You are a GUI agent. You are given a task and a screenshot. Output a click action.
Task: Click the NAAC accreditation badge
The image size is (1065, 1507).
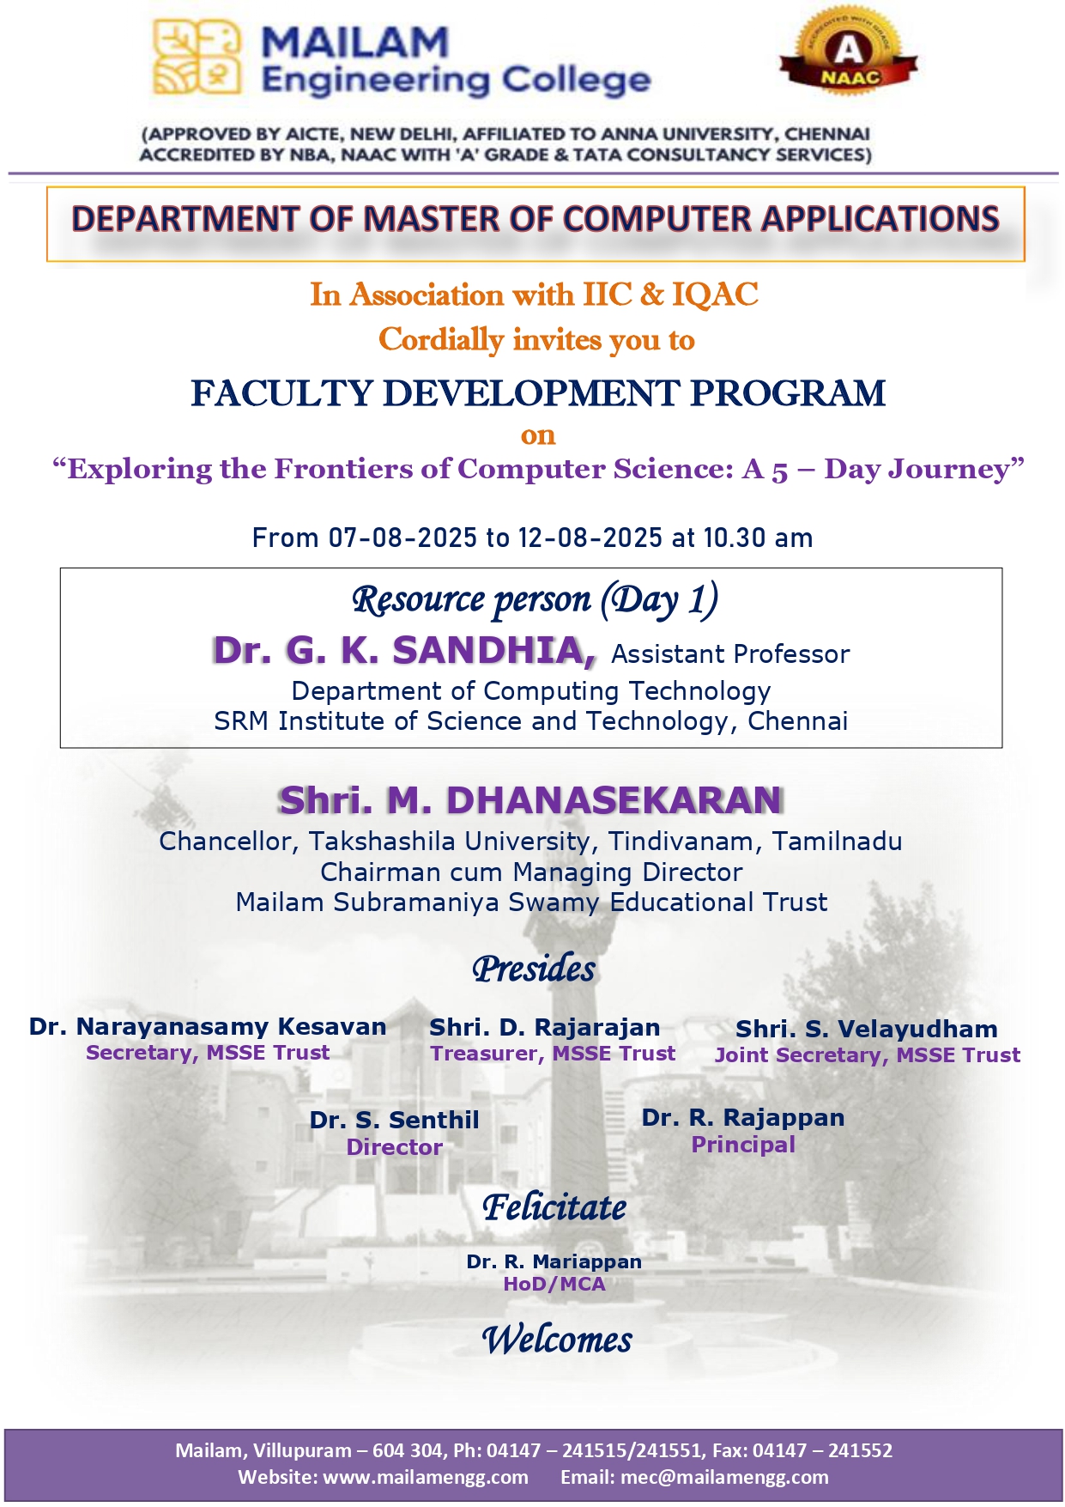pyautogui.click(x=848, y=53)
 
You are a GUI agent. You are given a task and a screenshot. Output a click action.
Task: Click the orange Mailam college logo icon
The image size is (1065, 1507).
pyautogui.click(x=196, y=58)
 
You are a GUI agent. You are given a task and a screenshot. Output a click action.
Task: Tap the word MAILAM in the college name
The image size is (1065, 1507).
pyautogui.click(x=354, y=42)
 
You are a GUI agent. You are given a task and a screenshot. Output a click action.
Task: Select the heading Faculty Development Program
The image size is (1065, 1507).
pyautogui.click(x=537, y=393)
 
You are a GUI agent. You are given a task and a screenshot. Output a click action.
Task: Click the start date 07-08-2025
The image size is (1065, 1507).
pyautogui.click(x=402, y=538)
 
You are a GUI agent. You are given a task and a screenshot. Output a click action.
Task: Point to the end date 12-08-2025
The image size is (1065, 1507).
pyautogui.click(x=590, y=538)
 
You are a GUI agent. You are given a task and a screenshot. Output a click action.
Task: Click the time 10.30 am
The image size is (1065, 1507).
pyautogui.click(x=758, y=538)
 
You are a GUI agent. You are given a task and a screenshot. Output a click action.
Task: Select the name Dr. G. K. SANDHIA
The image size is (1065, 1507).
pyautogui.click(x=403, y=651)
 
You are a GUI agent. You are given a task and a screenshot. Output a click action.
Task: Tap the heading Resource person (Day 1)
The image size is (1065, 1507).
pyautogui.click(x=535, y=599)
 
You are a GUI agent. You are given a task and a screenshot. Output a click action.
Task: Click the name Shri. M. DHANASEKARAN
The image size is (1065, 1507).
pyautogui.click(x=530, y=800)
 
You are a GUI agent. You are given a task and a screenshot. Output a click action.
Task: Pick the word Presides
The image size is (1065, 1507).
pyautogui.click(x=533, y=969)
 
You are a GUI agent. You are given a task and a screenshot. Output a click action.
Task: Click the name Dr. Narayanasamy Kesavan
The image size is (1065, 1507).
pyautogui.click(x=208, y=1027)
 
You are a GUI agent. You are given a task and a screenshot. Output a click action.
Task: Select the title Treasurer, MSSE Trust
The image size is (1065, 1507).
pyautogui.click(x=553, y=1054)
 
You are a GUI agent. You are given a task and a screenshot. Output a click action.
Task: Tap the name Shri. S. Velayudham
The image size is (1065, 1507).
pyautogui.click(x=867, y=1029)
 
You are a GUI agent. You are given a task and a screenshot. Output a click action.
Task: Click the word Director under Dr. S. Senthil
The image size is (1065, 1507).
pyautogui.click(x=394, y=1147)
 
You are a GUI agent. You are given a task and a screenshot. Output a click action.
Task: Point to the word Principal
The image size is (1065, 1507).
pyautogui.click(x=743, y=1145)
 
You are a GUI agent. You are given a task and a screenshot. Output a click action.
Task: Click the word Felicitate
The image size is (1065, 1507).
pyautogui.click(x=554, y=1207)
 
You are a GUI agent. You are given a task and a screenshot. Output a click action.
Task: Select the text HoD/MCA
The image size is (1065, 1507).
pyautogui.click(x=554, y=1284)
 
